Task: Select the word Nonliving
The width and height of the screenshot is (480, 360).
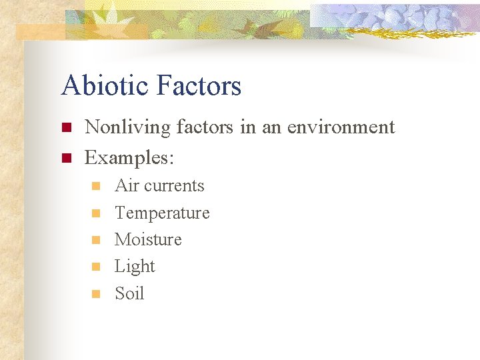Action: (x=128, y=127)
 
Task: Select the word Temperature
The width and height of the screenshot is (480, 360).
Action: (x=162, y=213)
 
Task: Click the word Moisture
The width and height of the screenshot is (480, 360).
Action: (x=148, y=239)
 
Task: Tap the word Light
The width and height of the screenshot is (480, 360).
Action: (x=135, y=267)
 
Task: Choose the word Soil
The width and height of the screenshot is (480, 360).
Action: (x=129, y=293)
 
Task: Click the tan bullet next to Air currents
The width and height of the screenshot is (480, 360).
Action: (x=95, y=186)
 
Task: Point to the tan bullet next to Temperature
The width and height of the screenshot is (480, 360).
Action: (x=95, y=213)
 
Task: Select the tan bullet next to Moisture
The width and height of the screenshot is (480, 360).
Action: (x=95, y=240)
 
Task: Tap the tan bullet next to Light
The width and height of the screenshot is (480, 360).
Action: (x=95, y=267)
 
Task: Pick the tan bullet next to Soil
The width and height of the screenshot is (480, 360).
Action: (x=95, y=294)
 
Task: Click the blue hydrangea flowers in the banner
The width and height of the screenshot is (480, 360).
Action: (x=400, y=18)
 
